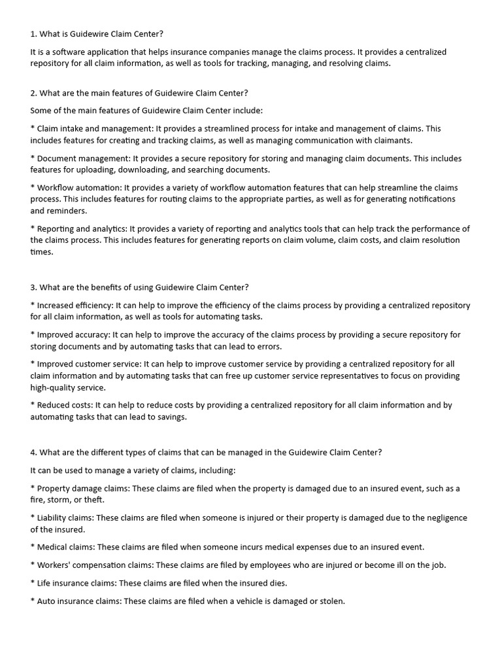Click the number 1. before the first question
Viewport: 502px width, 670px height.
coord(34,34)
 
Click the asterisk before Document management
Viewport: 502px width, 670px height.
coord(33,159)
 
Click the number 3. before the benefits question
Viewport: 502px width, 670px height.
coord(34,287)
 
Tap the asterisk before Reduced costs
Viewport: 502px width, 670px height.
coord(33,405)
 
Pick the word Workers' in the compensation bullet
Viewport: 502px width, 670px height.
coord(54,565)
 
